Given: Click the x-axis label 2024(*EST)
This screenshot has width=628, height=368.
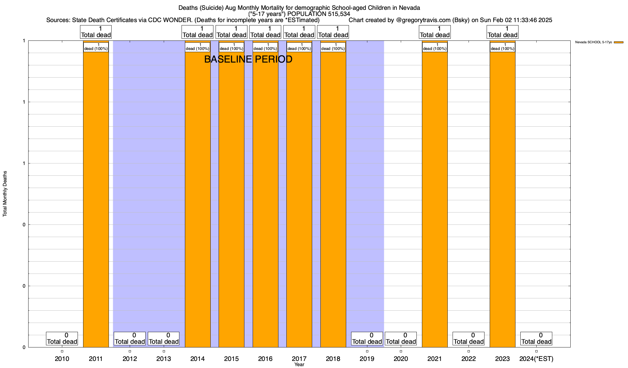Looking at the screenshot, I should click(536, 359).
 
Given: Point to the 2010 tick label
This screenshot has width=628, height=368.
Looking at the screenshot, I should click(62, 359).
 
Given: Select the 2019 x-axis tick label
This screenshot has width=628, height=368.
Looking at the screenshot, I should click(367, 359).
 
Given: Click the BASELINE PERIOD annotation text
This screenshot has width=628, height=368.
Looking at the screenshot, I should click(248, 59).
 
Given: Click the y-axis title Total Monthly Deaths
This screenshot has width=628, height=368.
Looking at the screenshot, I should click(5, 194).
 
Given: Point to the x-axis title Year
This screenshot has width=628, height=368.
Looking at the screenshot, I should click(299, 365).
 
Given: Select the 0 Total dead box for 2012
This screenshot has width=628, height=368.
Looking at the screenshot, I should click(130, 339).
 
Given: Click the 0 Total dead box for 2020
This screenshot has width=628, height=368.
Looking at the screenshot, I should click(401, 339).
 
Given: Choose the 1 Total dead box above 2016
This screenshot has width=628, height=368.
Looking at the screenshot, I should click(265, 32).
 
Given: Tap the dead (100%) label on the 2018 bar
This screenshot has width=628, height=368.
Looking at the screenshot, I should click(333, 47).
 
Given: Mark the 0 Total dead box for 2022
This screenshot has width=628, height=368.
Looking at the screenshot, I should click(469, 339).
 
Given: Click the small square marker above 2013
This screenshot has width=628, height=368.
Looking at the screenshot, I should click(164, 351).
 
